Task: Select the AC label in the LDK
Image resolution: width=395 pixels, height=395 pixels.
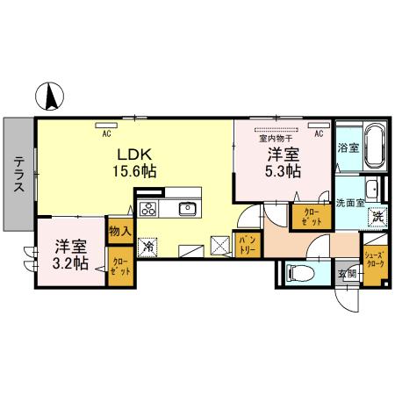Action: pyautogui.click(x=105, y=134)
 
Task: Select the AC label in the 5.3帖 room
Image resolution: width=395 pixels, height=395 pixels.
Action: pyautogui.click(x=319, y=134)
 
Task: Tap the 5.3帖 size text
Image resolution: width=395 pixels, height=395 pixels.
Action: pyautogui.click(x=283, y=171)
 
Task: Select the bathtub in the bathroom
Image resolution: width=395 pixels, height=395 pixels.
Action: pyautogui.click(x=373, y=147)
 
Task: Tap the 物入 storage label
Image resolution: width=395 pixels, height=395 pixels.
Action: pyautogui.click(x=119, y=231)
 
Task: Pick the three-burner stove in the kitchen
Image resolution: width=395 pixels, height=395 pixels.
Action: pyautogui.click(x=148, y=209)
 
